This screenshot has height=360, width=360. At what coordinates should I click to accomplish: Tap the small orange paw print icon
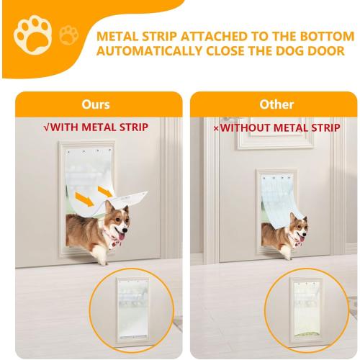(68, 34)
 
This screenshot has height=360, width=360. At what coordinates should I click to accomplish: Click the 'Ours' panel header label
(95, 104)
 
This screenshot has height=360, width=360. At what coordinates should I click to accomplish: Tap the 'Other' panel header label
(276, 104)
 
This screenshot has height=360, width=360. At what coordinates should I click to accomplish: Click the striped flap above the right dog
(277, 198)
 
